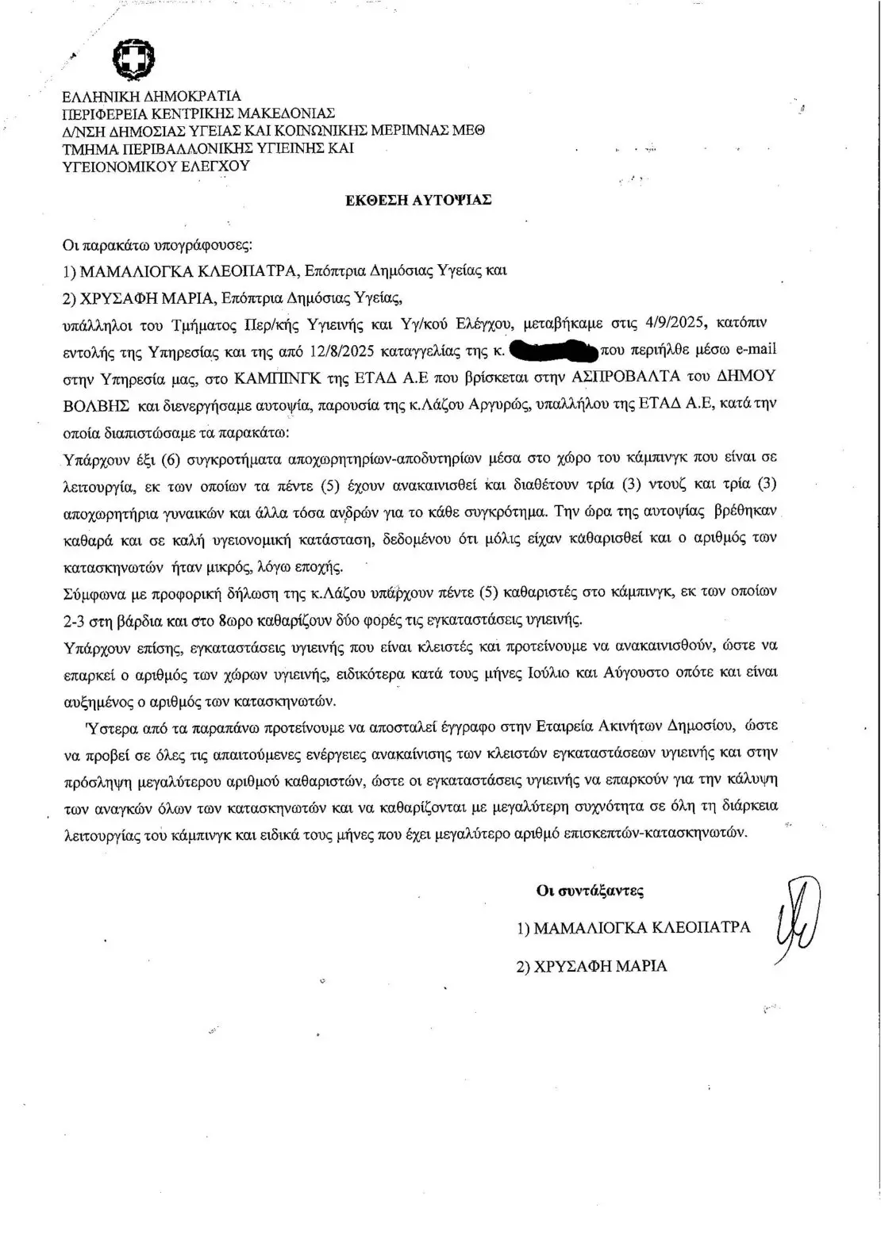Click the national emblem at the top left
[133, 59]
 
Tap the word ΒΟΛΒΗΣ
[97, 403]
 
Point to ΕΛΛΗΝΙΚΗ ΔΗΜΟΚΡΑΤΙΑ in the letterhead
[151, 97]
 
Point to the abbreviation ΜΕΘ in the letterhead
[471, 131]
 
